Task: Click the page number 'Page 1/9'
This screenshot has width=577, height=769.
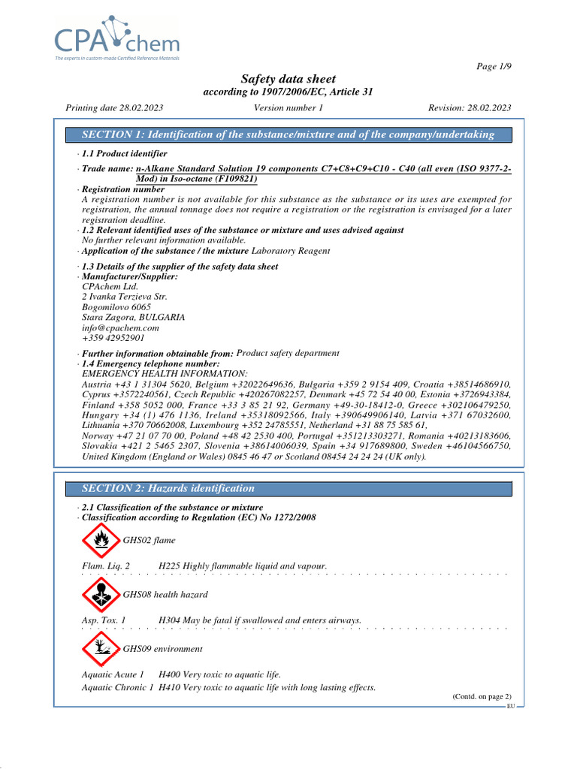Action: [x=494, y=67]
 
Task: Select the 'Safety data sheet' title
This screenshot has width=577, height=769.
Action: [x=288, y=79]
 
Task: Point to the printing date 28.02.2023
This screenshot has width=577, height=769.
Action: [x=115, y=107]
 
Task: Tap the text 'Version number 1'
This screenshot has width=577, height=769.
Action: [x=288, y=107]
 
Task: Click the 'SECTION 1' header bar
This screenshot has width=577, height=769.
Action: [x=288, y=134]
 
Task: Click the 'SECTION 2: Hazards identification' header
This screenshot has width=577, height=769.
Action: [x=168, y=488]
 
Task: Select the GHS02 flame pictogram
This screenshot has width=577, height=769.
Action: [x=99, y=540]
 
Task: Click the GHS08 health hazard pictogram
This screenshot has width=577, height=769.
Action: [x=99, y=595]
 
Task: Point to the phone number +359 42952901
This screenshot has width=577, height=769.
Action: [x=113, y=338]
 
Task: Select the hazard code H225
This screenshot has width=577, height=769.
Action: [x=169, y=565]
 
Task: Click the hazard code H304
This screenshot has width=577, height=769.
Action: [x=169, y=620]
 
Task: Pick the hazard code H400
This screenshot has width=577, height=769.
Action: [x=170, y=674]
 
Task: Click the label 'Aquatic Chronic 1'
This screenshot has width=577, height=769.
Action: [x=118, y=687]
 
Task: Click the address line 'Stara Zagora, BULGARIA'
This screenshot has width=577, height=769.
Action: [x=133, y=317]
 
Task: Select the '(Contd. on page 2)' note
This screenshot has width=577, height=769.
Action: [x=482, y=697]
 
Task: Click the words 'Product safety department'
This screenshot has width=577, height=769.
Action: [x=288, y=353]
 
